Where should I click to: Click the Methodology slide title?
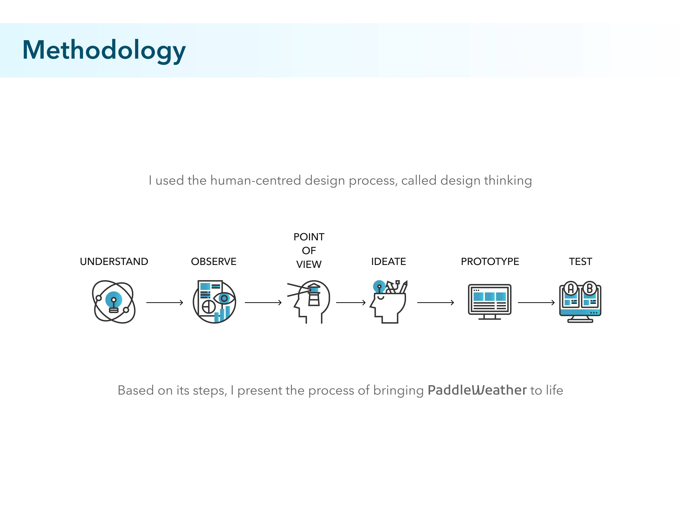click(104, 50)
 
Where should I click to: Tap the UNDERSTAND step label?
click(114, 262)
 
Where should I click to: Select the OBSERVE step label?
click(214, 262)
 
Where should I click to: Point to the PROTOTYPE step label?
click(490, 262)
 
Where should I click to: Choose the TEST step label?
click(580, 262)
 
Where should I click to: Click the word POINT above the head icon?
click(309, 237)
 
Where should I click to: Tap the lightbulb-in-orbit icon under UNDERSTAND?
click(114, 302)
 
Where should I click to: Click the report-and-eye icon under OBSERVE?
click(214, 302)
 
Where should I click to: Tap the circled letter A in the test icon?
click(571, 288)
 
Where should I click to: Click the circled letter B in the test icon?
click(590, 288)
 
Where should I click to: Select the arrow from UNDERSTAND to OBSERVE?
click(164, 303)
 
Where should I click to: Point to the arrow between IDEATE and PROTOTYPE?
click(435, 303)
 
